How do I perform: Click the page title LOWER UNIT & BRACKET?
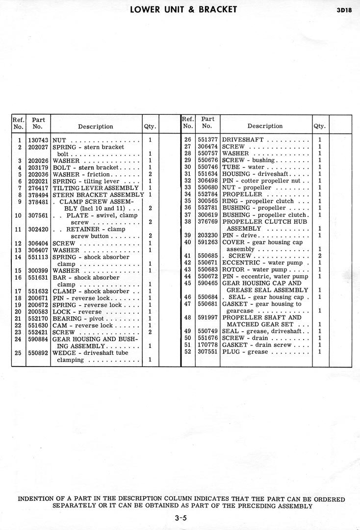(x=184, y=9)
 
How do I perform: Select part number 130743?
(x=38, y=140)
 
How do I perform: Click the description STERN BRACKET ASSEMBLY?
(x=98, y=195)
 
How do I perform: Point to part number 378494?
(x=38, y=195)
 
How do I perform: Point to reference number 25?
(x=18, y=353)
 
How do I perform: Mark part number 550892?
(x=38, y=353)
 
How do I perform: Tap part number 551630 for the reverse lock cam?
(x=38, y=325)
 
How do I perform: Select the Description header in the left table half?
(x=95, y=127)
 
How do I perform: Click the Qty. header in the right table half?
(x=319, y=127)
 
